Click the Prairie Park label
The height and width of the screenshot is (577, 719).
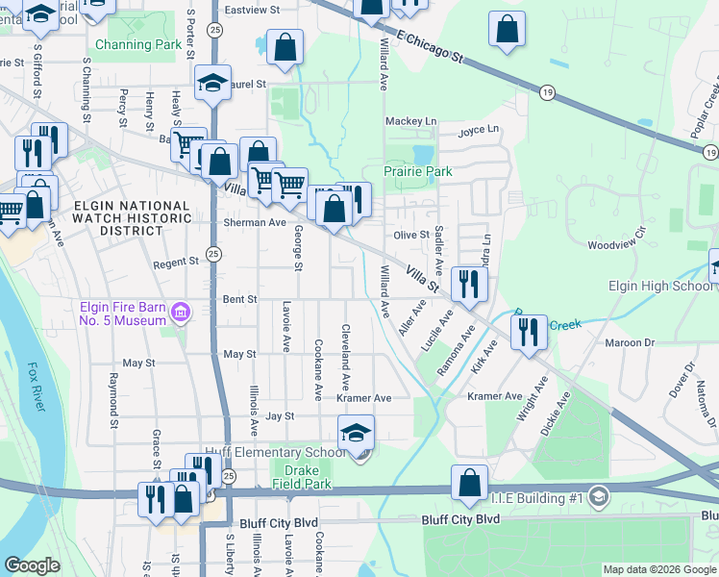(x=418, y=171)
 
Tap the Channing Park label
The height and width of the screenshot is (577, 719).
(x=138, y=44)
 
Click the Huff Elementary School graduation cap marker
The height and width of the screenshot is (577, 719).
(x=356, y=434)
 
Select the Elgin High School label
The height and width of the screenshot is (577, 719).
(x=659, y=286)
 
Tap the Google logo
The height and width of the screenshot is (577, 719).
(x=32, y=565)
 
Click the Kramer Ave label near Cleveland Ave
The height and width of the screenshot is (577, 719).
(x=363, y=398)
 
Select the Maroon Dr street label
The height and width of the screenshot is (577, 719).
(x=630, y=342)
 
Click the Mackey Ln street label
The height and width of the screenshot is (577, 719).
(x=410, y=121)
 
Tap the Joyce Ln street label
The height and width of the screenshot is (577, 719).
(x=479, y=130)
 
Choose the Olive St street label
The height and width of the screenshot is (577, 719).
(x=411, y=235)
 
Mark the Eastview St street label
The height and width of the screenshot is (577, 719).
(x=251, y=10)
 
